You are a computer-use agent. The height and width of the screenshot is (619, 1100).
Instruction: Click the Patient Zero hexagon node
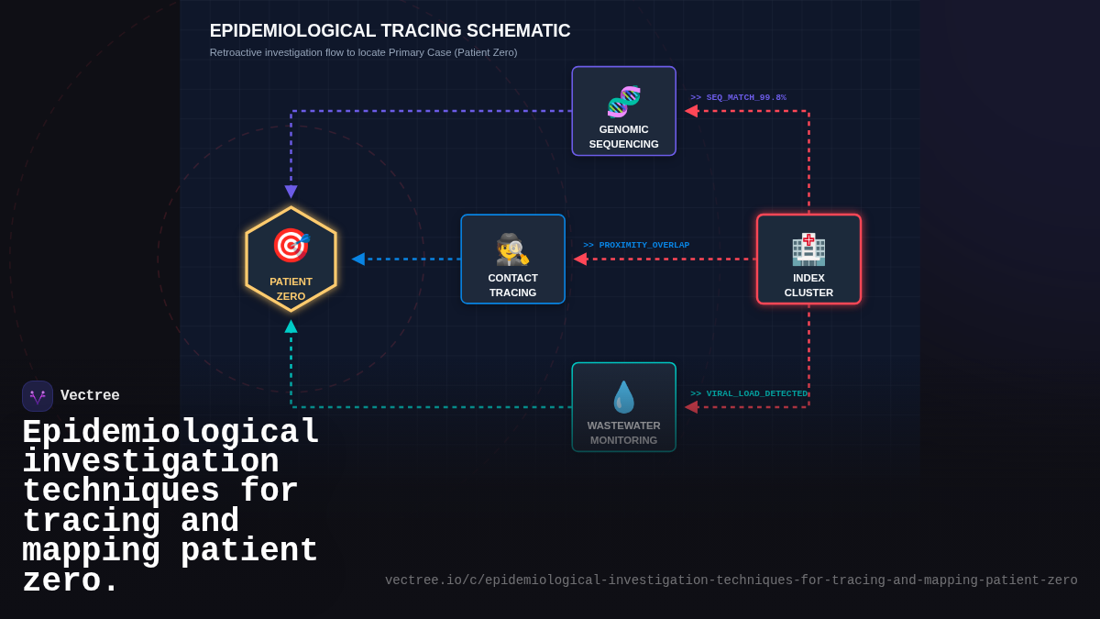click(x=291, y=260)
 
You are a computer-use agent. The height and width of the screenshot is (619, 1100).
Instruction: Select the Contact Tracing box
click(x=512, y=260)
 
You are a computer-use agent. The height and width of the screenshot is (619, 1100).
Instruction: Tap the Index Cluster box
click(x=808, y=260)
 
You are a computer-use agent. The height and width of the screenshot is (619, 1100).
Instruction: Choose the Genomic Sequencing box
click(x=623, y=111)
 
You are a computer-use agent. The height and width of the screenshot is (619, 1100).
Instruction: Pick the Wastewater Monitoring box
click(x=623, y=407)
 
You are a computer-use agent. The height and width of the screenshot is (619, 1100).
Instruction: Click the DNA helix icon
click(x=623, y=101)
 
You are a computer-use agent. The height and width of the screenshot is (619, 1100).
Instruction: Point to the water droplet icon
click(x=623, y=397)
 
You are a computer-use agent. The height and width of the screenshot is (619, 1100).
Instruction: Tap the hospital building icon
click(x=808, y=249)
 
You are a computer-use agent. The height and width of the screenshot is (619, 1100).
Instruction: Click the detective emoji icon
click(x=512, y=249)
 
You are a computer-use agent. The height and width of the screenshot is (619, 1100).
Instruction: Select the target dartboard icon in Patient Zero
click(x=291, y=245)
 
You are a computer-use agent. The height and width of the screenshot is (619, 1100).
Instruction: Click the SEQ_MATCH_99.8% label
click(x=738, y=97)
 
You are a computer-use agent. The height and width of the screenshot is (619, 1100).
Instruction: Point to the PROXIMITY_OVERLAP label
click(x=636, y=245)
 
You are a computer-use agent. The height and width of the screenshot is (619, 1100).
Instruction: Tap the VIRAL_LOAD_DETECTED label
click(x=749, y=393)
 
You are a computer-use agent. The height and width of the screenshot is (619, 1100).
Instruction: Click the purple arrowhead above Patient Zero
click(x=291, y=192)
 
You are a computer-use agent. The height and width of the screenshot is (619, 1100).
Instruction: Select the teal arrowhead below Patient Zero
click(x=291, y=326)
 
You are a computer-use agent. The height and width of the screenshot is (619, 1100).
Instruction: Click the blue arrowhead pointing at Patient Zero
click(x=358, y=260)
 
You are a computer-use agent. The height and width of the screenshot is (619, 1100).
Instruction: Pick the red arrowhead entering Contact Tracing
click(x=580, y=260)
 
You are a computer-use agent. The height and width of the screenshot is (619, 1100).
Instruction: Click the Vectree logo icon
click(x=38, y=396)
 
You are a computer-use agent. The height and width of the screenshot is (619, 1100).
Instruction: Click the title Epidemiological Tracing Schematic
click(x=390, y=30)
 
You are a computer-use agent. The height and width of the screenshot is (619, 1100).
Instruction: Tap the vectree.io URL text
click(x=731, y=580)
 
